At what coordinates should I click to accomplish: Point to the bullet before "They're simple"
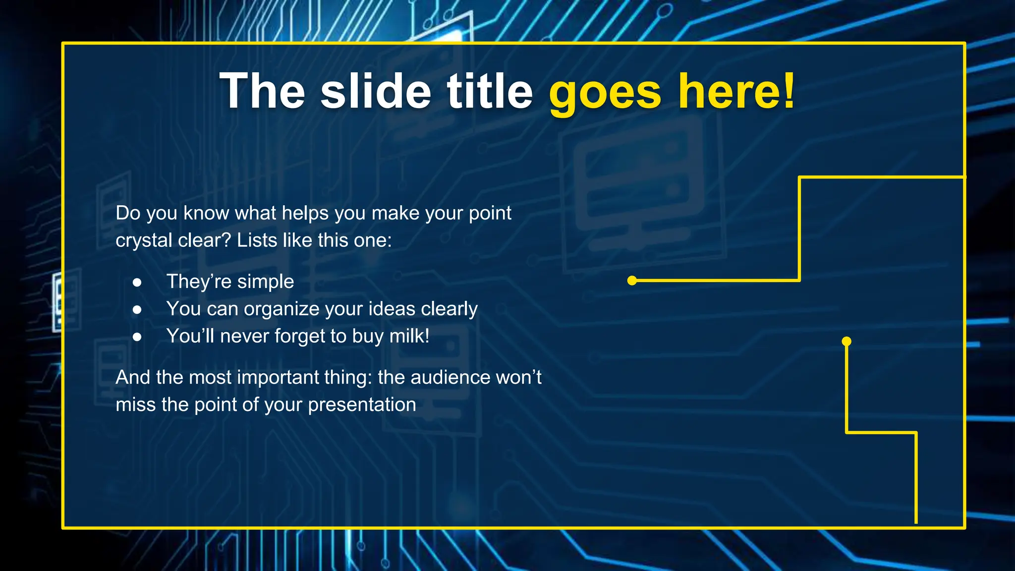pyautogui.click(x=137, y=283)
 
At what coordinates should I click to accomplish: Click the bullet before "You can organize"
pyautogui.click(x=137, y=310)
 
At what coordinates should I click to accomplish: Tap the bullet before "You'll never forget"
pyautogui.click(x=137, y=337)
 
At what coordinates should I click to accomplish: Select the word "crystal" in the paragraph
pyautogui.click(x=144, y=241)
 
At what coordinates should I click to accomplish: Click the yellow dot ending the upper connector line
pyautogui.click(x=632, y=281)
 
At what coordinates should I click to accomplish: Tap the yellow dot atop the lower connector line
pyautogui.click(x=846, y=341)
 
